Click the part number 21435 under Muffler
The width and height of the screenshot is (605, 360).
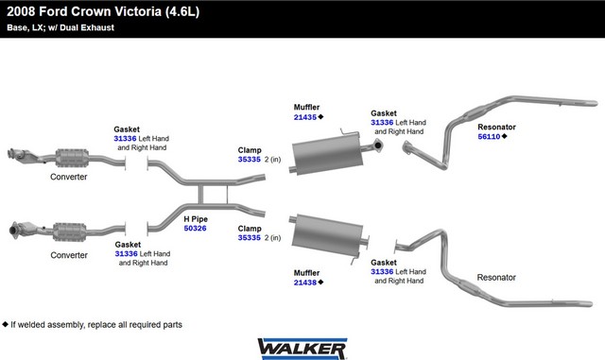pyautogui.click(x=304, y=117)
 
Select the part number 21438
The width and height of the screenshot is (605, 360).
pyautogui.click(x=304, y=283)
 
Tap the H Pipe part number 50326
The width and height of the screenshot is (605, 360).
pyautogui.click(x=196, y=229)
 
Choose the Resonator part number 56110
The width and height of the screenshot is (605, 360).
pyautogui.click(x=489, y=137)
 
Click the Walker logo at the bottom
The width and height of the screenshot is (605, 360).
pyautogui.click(x=302, y=349)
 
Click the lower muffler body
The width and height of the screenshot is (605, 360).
pyautogui.click(x=327, y=234)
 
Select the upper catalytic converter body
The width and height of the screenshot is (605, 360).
pyautogui.click(x=72, y=158)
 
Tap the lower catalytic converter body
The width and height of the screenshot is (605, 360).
pyautogui.click(x=69, y=231)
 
